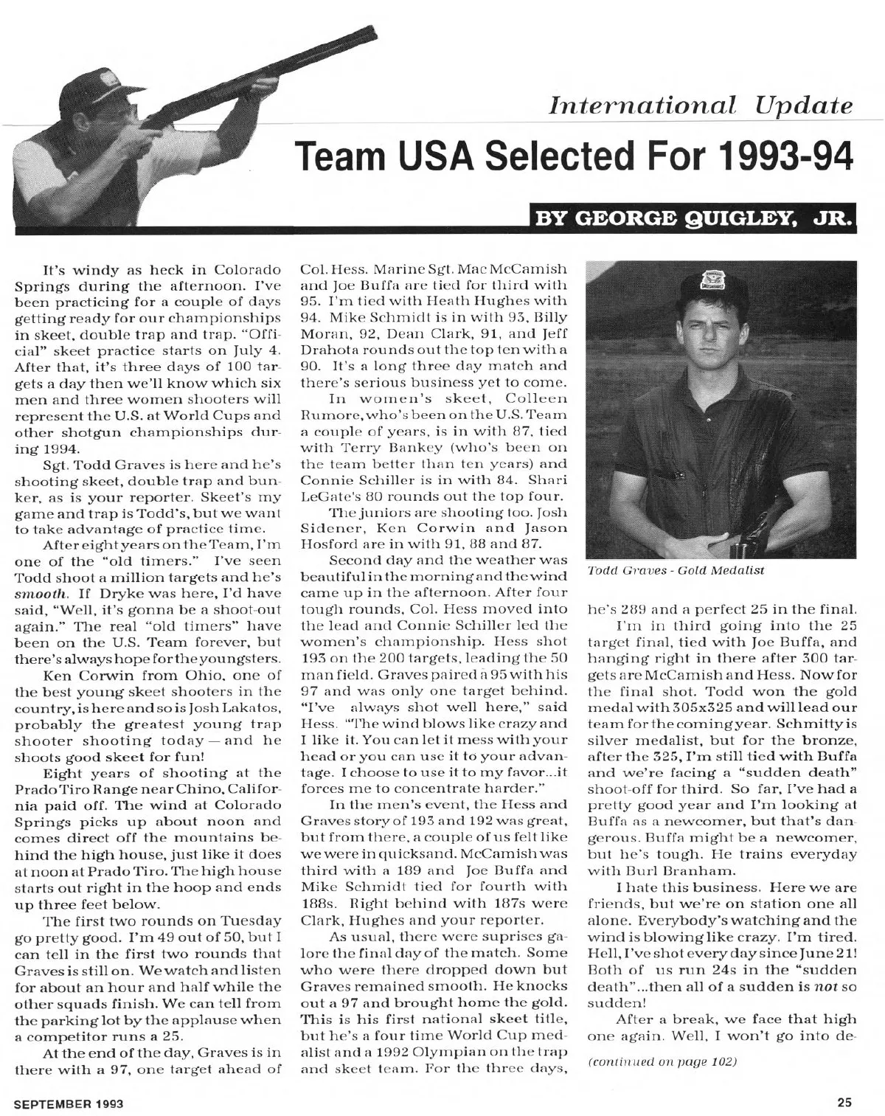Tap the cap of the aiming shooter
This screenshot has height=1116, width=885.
[x=111, y=80]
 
